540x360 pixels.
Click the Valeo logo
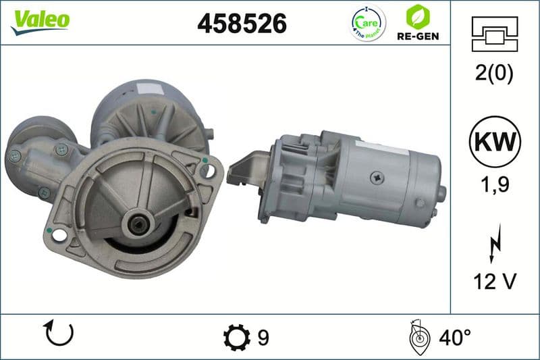pyautogui.click(x=40, y=20)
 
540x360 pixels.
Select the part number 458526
pyautogui.click(x=242, y=24)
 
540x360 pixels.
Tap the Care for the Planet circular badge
pyautogui.click(x=368, y=23)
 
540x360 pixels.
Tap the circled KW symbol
pyautogui.click(x=495, y=142)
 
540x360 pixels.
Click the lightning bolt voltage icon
pyautogui.click(x=495, y=240)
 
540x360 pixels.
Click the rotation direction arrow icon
pyautogui.click(x=59, y=333)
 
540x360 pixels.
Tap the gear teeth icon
pyautogui.click(x=236, y=336)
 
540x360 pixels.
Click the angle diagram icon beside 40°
pyautogui.click(x=418, y=336)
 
